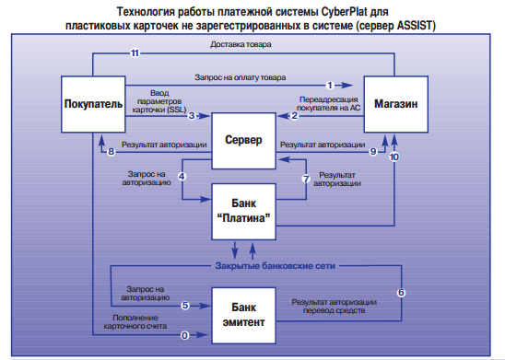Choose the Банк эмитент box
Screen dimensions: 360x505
click(244, 313)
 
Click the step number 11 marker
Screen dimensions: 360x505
click(135, 55)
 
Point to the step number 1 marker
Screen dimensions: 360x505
click(329, 85)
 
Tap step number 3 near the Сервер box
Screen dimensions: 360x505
click(192, 115)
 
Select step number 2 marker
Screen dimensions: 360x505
click(296, 115)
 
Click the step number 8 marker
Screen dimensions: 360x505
click(112, 151)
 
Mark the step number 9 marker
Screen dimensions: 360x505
click(373, 151)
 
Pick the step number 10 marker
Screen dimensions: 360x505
click(394, 157)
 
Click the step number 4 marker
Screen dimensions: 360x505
click(183, 176)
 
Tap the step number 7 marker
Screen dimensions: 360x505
click(306, 177)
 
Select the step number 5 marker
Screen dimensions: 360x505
click(184, 305)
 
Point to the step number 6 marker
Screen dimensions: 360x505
click(401, 292)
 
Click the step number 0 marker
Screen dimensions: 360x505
click(184, 334)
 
